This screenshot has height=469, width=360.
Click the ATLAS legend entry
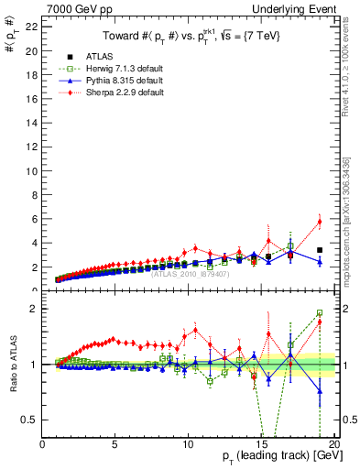[96, 57]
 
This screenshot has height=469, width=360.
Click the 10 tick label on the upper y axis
[30, 171]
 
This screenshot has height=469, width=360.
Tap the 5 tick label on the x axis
[115, 444]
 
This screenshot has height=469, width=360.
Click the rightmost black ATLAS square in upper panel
[320, 250]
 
